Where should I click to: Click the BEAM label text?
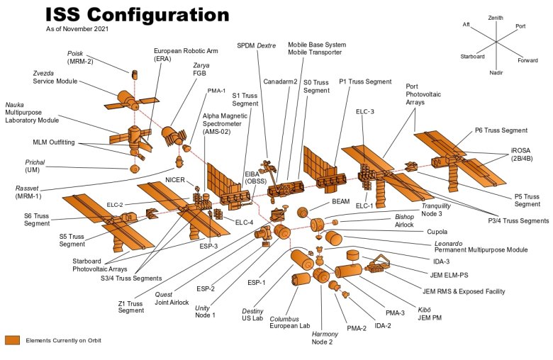point(340,202)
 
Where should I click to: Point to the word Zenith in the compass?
point(496,18)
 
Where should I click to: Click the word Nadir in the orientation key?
point(496,72)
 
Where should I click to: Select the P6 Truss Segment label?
point(501,130)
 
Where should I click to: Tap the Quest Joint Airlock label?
point(172,298)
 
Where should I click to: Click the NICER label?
point(175,180)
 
